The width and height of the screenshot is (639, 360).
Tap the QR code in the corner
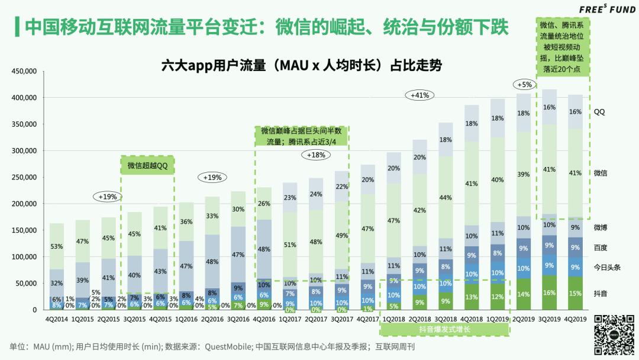coord(614,333)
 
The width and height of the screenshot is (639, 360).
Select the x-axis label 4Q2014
coord(57,319)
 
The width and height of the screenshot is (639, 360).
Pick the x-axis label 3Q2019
coord(549,319)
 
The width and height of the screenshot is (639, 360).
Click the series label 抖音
coord(601,293)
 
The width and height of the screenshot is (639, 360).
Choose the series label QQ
coord(599,112)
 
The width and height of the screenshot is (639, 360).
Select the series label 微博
coord(601,227)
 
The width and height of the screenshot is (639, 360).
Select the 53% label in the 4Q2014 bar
coord(57,246)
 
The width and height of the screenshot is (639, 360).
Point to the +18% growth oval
coord(317,155)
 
